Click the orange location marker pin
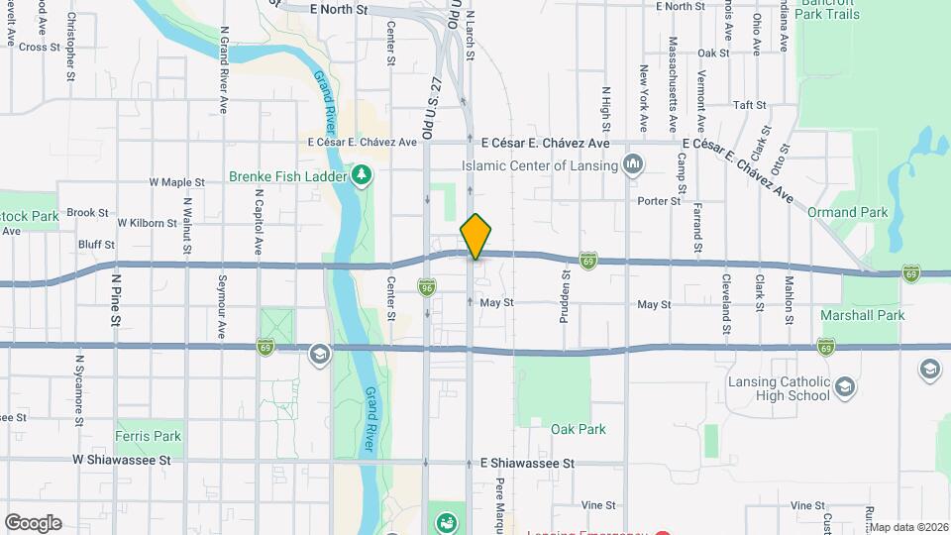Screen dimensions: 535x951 (475, 236)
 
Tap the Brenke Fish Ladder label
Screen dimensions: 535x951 (287, 176)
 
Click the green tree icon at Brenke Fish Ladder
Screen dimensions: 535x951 (363, 175)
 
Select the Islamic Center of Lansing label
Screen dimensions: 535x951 (544, 165)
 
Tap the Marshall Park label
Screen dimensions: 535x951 (863, 315)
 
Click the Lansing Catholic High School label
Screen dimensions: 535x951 (782, 388)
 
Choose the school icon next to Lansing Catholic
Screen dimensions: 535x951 (845, 384)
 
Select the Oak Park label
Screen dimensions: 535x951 (579, 429)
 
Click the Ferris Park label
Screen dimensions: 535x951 (149, 436)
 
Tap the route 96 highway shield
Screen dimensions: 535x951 (427, 285)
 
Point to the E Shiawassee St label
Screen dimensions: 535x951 (527, 463)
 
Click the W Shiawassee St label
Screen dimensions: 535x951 (122, 461)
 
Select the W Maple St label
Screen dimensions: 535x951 (176, 182)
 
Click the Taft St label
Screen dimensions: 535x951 (749, 105)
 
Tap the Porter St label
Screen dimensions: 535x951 (660, 200)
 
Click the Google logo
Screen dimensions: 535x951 (33, 523)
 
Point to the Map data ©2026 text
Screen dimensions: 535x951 (908, 527)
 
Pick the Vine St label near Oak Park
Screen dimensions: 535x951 (599, 505)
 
